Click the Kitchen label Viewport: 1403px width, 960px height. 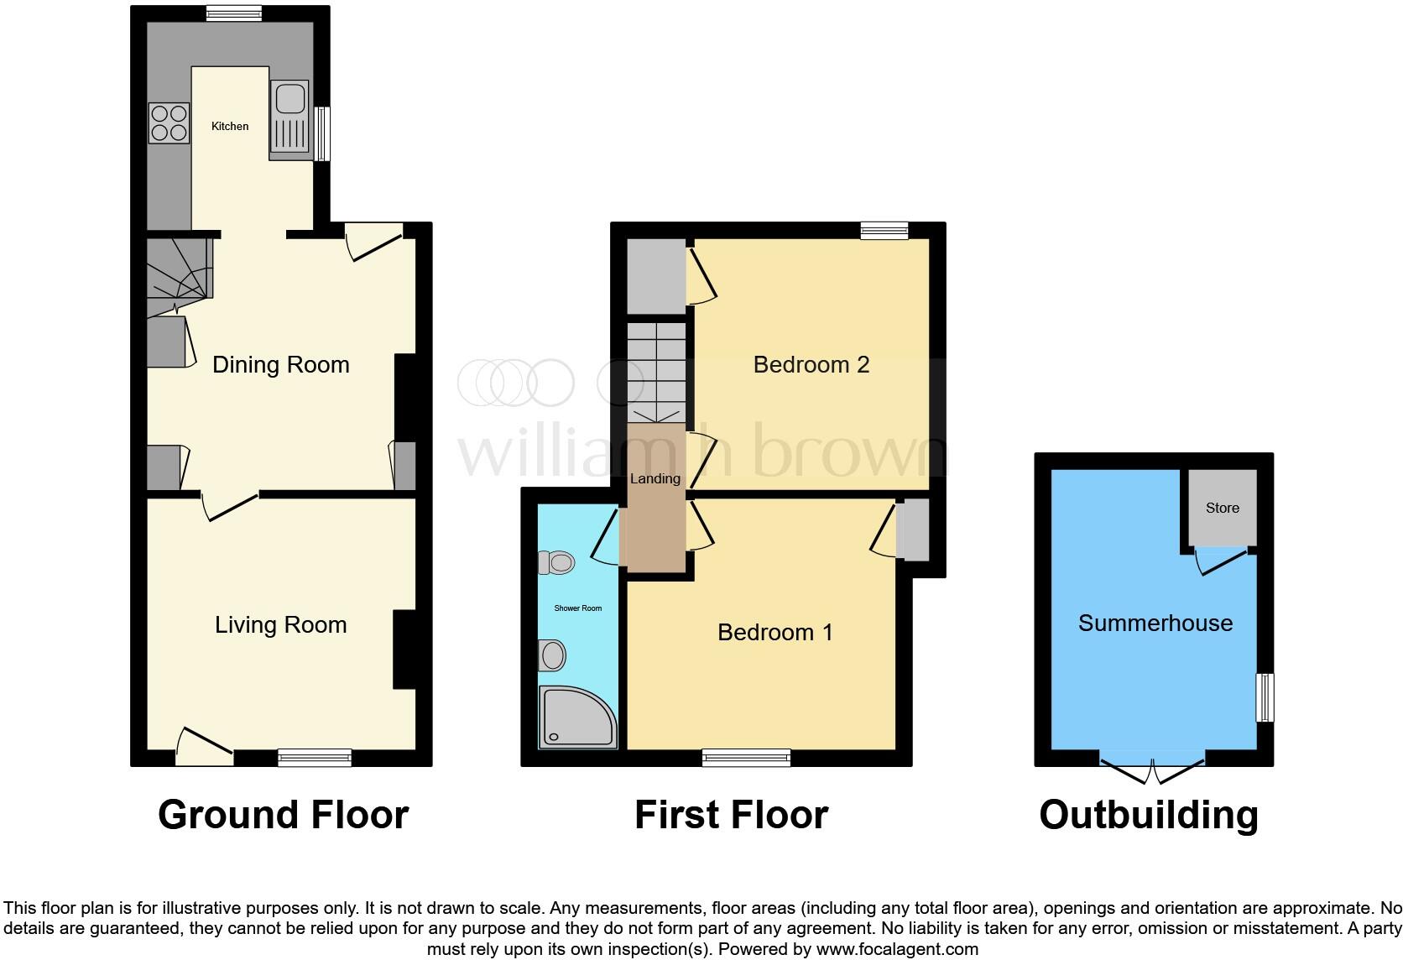pyautogui.click(x=229, y=127)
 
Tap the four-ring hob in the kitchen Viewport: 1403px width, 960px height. pyautogui.click(x=169, y=123)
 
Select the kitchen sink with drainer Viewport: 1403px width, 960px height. pyautogui.click(x=289, y=119)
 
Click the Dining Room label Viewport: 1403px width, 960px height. pyautogui.click(x=280, y=365)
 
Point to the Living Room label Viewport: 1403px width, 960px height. pyautogui.click(x=280, y=625)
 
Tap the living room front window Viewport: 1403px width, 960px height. pyautogui.click(x=315, y=758)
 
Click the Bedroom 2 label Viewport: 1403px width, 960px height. pyautogui.click(x=811, y=365)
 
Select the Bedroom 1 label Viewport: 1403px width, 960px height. pyautogui.click(x=775, y=633)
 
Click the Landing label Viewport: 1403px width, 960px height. pyautogui.click(x=655, y=479)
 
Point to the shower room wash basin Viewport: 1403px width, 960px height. pyautogui.click(x=552, y=655)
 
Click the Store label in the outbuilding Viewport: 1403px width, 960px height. pyautogui.click(x=1222, y=509)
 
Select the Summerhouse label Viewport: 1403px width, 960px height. pyautogui.click(x=1155, y=623)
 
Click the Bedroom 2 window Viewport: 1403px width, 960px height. pyautogui.click(x=884, y=231)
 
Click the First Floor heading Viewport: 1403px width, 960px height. pyautogui.click(x=731, y=815)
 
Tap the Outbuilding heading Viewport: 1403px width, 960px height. pyautogui.click(x=1148, y=815)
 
